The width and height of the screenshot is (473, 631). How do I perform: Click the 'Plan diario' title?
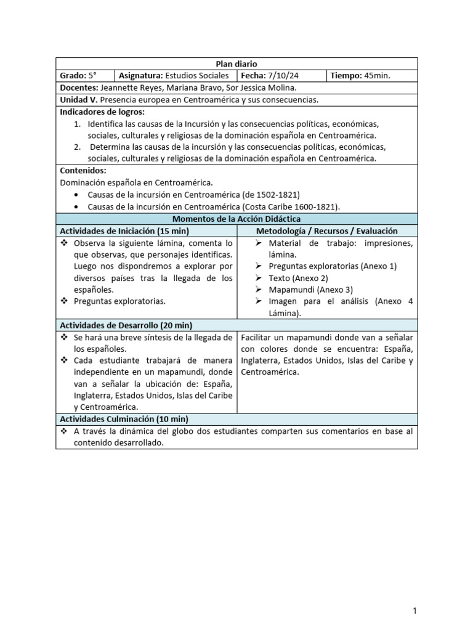coord(236,64)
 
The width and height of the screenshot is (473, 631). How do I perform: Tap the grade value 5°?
coord(91,76)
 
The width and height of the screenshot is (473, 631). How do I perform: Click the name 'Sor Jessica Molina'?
coord(253,88)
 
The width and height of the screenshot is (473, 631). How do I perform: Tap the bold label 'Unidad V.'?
coord(78,99)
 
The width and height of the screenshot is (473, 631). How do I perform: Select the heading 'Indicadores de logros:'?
coord(102,112)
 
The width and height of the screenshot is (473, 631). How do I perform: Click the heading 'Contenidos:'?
coord(83,170)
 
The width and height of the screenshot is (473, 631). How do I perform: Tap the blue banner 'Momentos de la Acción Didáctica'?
coord(236,219)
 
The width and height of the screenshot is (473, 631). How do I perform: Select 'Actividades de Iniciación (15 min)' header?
coord(124,230)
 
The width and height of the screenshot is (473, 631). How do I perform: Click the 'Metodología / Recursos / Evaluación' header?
coord(327,230)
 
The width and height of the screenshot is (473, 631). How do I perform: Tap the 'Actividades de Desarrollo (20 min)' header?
coord(126,325)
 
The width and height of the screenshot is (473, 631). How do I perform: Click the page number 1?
coord(415,611)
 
